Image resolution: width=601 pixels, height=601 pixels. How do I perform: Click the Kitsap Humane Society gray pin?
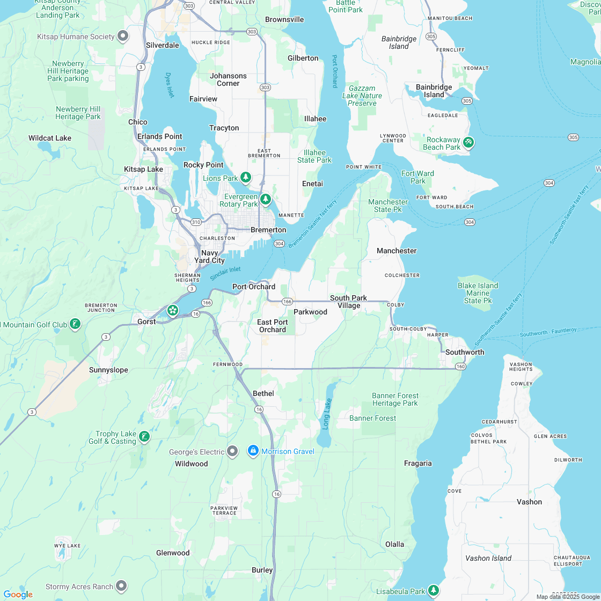click(x=123, y=36)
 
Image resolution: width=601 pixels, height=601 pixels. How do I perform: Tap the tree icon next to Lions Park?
click(x=246, y=177)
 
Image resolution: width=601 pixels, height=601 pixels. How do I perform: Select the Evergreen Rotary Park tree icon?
click(x=266, y=200)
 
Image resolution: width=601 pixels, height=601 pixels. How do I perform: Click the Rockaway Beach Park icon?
click(x=468, y=143)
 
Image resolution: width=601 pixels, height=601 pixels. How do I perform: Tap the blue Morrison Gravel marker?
click(x=253, y=451)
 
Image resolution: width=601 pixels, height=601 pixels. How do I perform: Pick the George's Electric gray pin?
click(x=232, y=451)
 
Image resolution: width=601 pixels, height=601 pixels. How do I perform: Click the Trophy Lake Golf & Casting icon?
click(x=144, y=437)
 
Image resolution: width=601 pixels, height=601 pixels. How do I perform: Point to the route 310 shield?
click(x=196, y=222)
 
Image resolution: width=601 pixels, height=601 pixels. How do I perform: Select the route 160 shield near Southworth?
click(x=460, y=367)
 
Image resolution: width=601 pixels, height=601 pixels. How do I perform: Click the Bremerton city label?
click(x=268, y=230)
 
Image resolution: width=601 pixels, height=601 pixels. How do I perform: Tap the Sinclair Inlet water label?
click(x=225, y=274)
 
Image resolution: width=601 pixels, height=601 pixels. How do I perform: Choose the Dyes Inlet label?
click(x=170, y=85)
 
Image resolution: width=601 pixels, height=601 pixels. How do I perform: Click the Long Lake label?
click(x=327, y=413)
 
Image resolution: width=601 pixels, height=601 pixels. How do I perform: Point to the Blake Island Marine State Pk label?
click(x=478, y=293)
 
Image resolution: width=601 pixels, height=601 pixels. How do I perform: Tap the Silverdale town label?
click(x=162, y=45)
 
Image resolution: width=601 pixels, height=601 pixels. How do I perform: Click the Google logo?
click(x=18, y=594)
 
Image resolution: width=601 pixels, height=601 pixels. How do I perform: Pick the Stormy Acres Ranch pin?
click(x=122, y=586)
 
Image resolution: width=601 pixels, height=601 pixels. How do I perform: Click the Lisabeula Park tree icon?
click(x=434, y=591)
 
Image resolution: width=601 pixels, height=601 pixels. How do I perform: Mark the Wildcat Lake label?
click(x=50, y=138)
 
